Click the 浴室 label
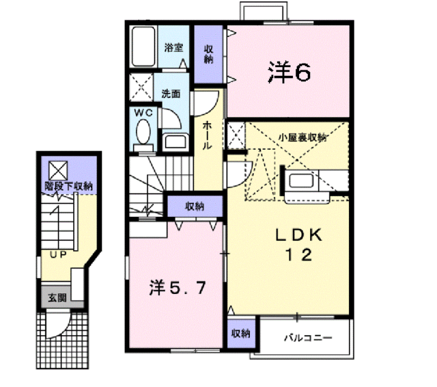(173, 47)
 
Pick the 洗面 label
(171, 94)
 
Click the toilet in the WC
(143, 131)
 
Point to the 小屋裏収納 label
(301, 137)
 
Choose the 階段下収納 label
(69, 185)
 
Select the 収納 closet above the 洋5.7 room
(195, 206)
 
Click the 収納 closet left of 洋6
(209, 54)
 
